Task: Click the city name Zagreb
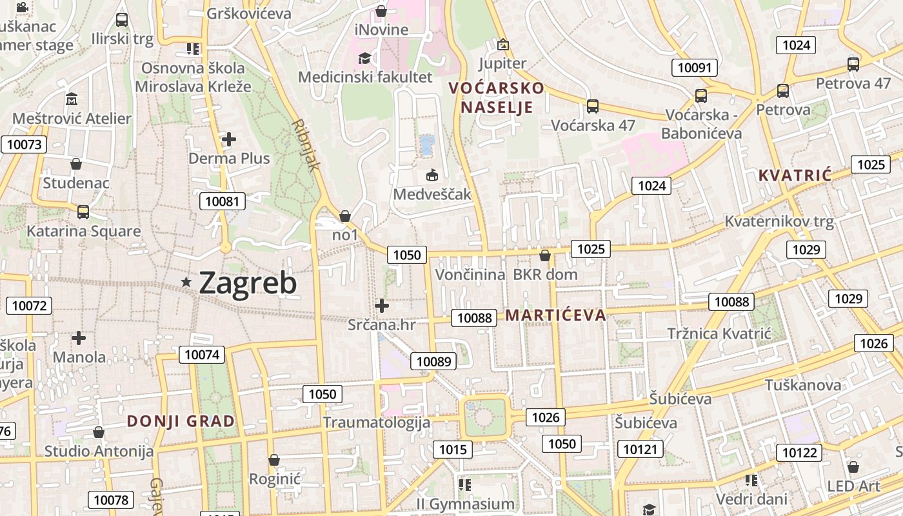point(248,283)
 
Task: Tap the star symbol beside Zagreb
point(186,282)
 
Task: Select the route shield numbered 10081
point(223,201)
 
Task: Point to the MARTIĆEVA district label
point(555,315)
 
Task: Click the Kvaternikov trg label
point(779,221)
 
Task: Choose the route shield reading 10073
point(24,144)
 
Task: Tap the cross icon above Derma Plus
point(228,139)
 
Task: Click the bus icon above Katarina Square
point(83,212)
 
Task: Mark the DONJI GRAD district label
point(181,421)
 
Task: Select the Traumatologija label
point(376,422)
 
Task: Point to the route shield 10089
point(434,361)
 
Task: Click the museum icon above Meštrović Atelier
point(72,99)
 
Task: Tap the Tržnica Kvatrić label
point(719,333)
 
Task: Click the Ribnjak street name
point(306,145)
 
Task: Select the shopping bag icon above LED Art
point(853,466)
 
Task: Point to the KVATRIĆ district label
point(795,175)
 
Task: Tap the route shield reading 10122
point(799,453)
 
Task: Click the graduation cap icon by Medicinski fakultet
point(364,58)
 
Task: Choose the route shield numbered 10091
point(695,68)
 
